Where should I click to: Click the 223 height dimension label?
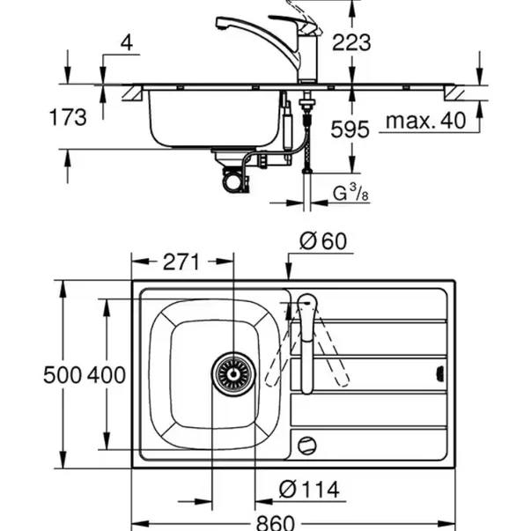352,41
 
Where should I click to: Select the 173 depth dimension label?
68,116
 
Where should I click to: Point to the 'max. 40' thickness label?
428,121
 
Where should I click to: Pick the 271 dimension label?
182,262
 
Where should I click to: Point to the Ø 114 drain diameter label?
309,488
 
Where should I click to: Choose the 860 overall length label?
275,521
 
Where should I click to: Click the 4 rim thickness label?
128,41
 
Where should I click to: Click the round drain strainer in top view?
233,373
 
